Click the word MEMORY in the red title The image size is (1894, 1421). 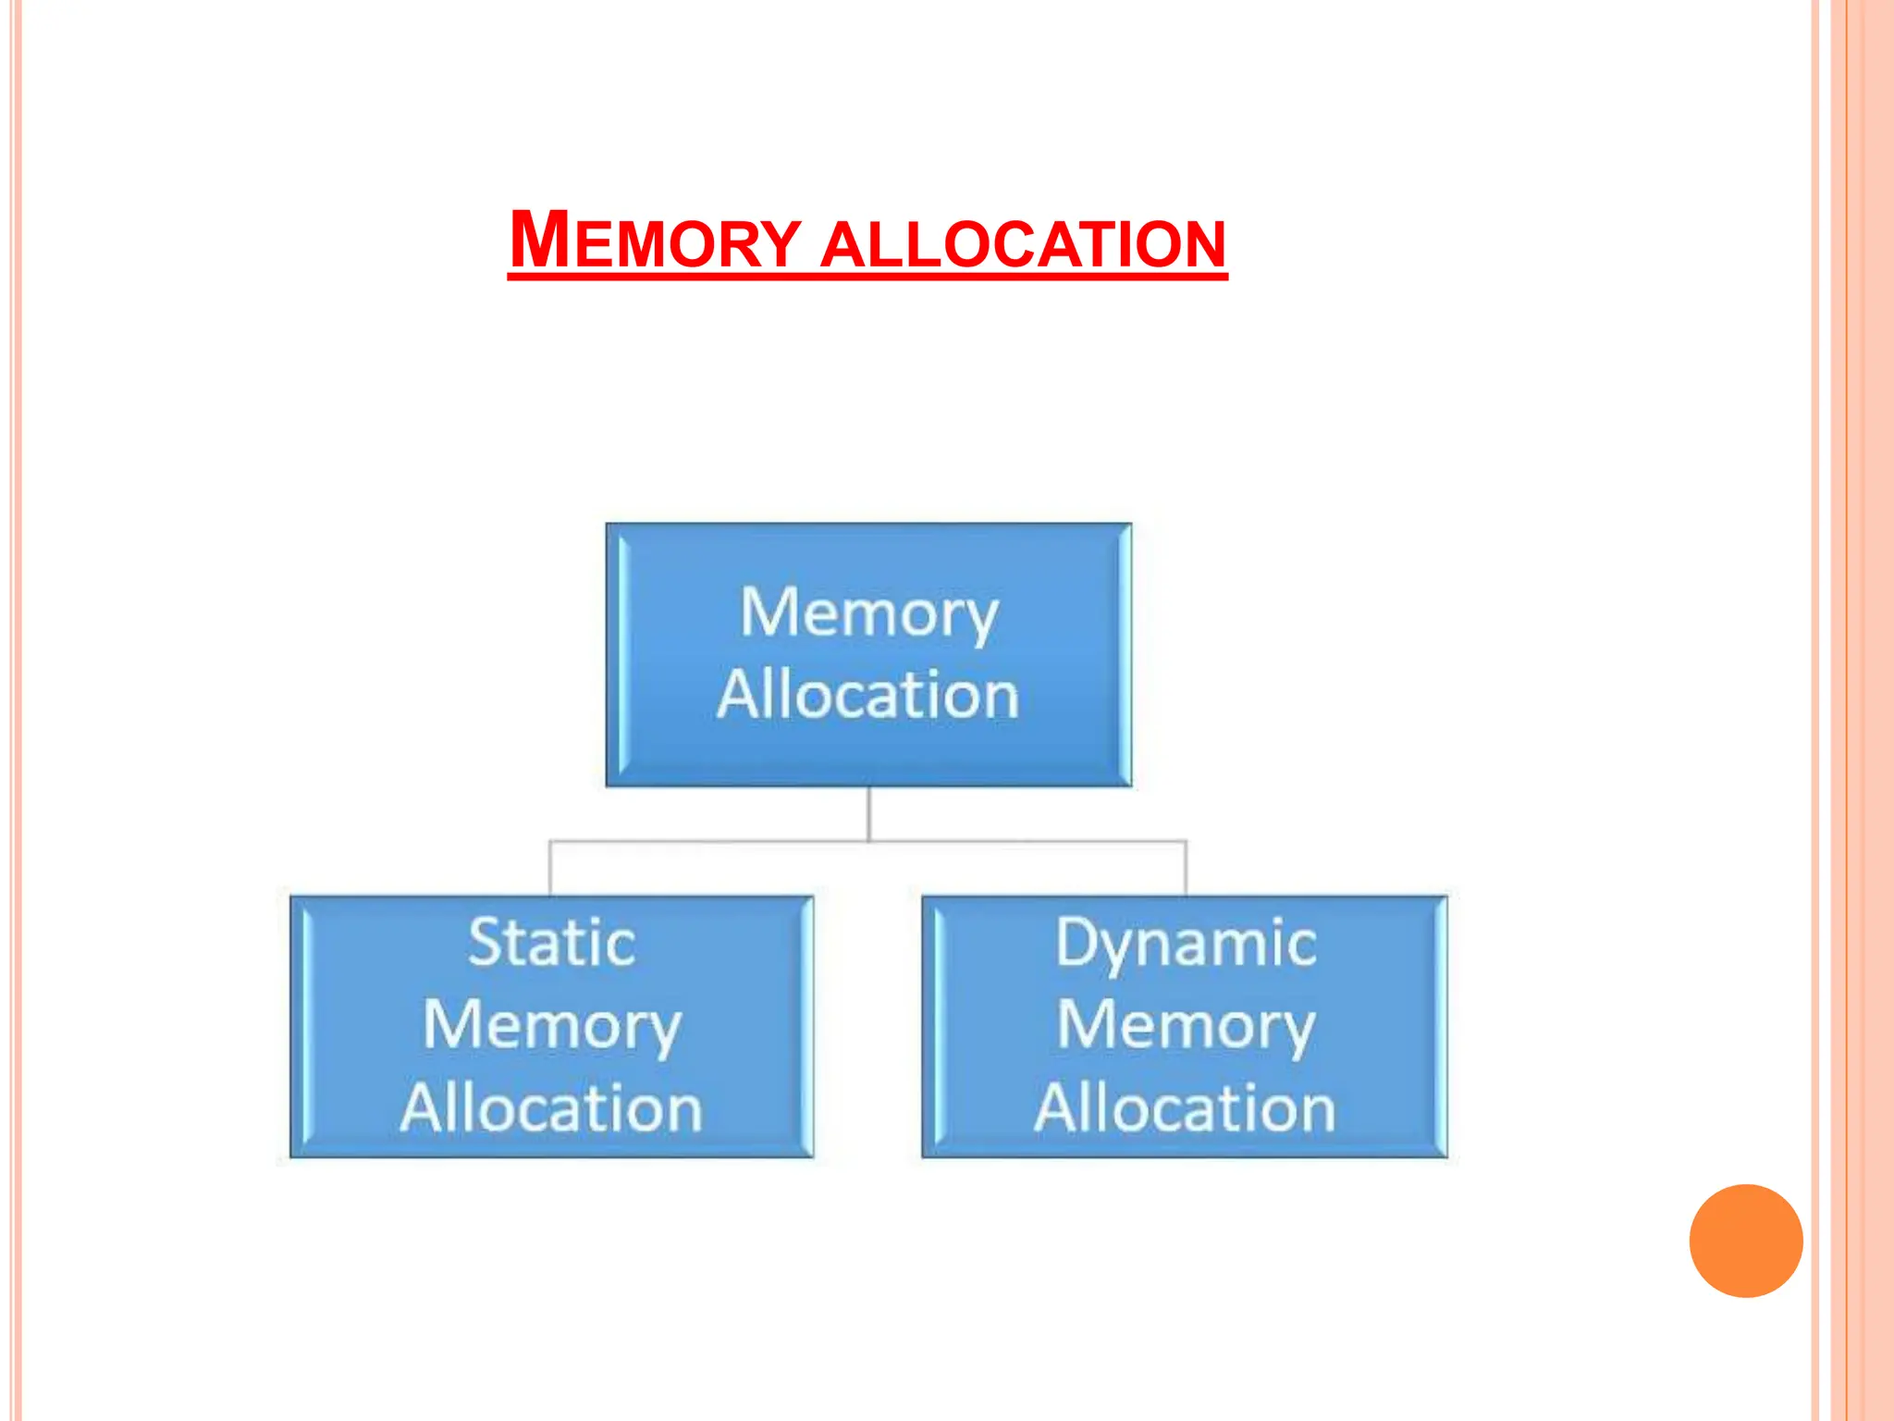coord(655,241)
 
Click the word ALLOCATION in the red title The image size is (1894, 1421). coord(1023,244)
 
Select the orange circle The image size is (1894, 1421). coord(1745,1241)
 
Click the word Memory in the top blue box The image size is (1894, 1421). coord(868,613)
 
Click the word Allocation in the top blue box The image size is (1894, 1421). coord(867,695)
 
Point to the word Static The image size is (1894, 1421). coord(551,943)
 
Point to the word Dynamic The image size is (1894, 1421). coord(1186,943)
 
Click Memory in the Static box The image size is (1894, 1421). coord(551,1026)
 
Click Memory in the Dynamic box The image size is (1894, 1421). coord(1186,1026)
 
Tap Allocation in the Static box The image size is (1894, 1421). coord(551,1107)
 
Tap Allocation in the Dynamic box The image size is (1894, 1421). coord(1185,1107)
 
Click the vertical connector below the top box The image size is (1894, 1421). coord(868,813)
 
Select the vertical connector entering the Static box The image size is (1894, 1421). coord(550,868)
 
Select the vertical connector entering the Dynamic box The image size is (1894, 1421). coord(1186,868)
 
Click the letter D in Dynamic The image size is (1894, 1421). coord(1076,942)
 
